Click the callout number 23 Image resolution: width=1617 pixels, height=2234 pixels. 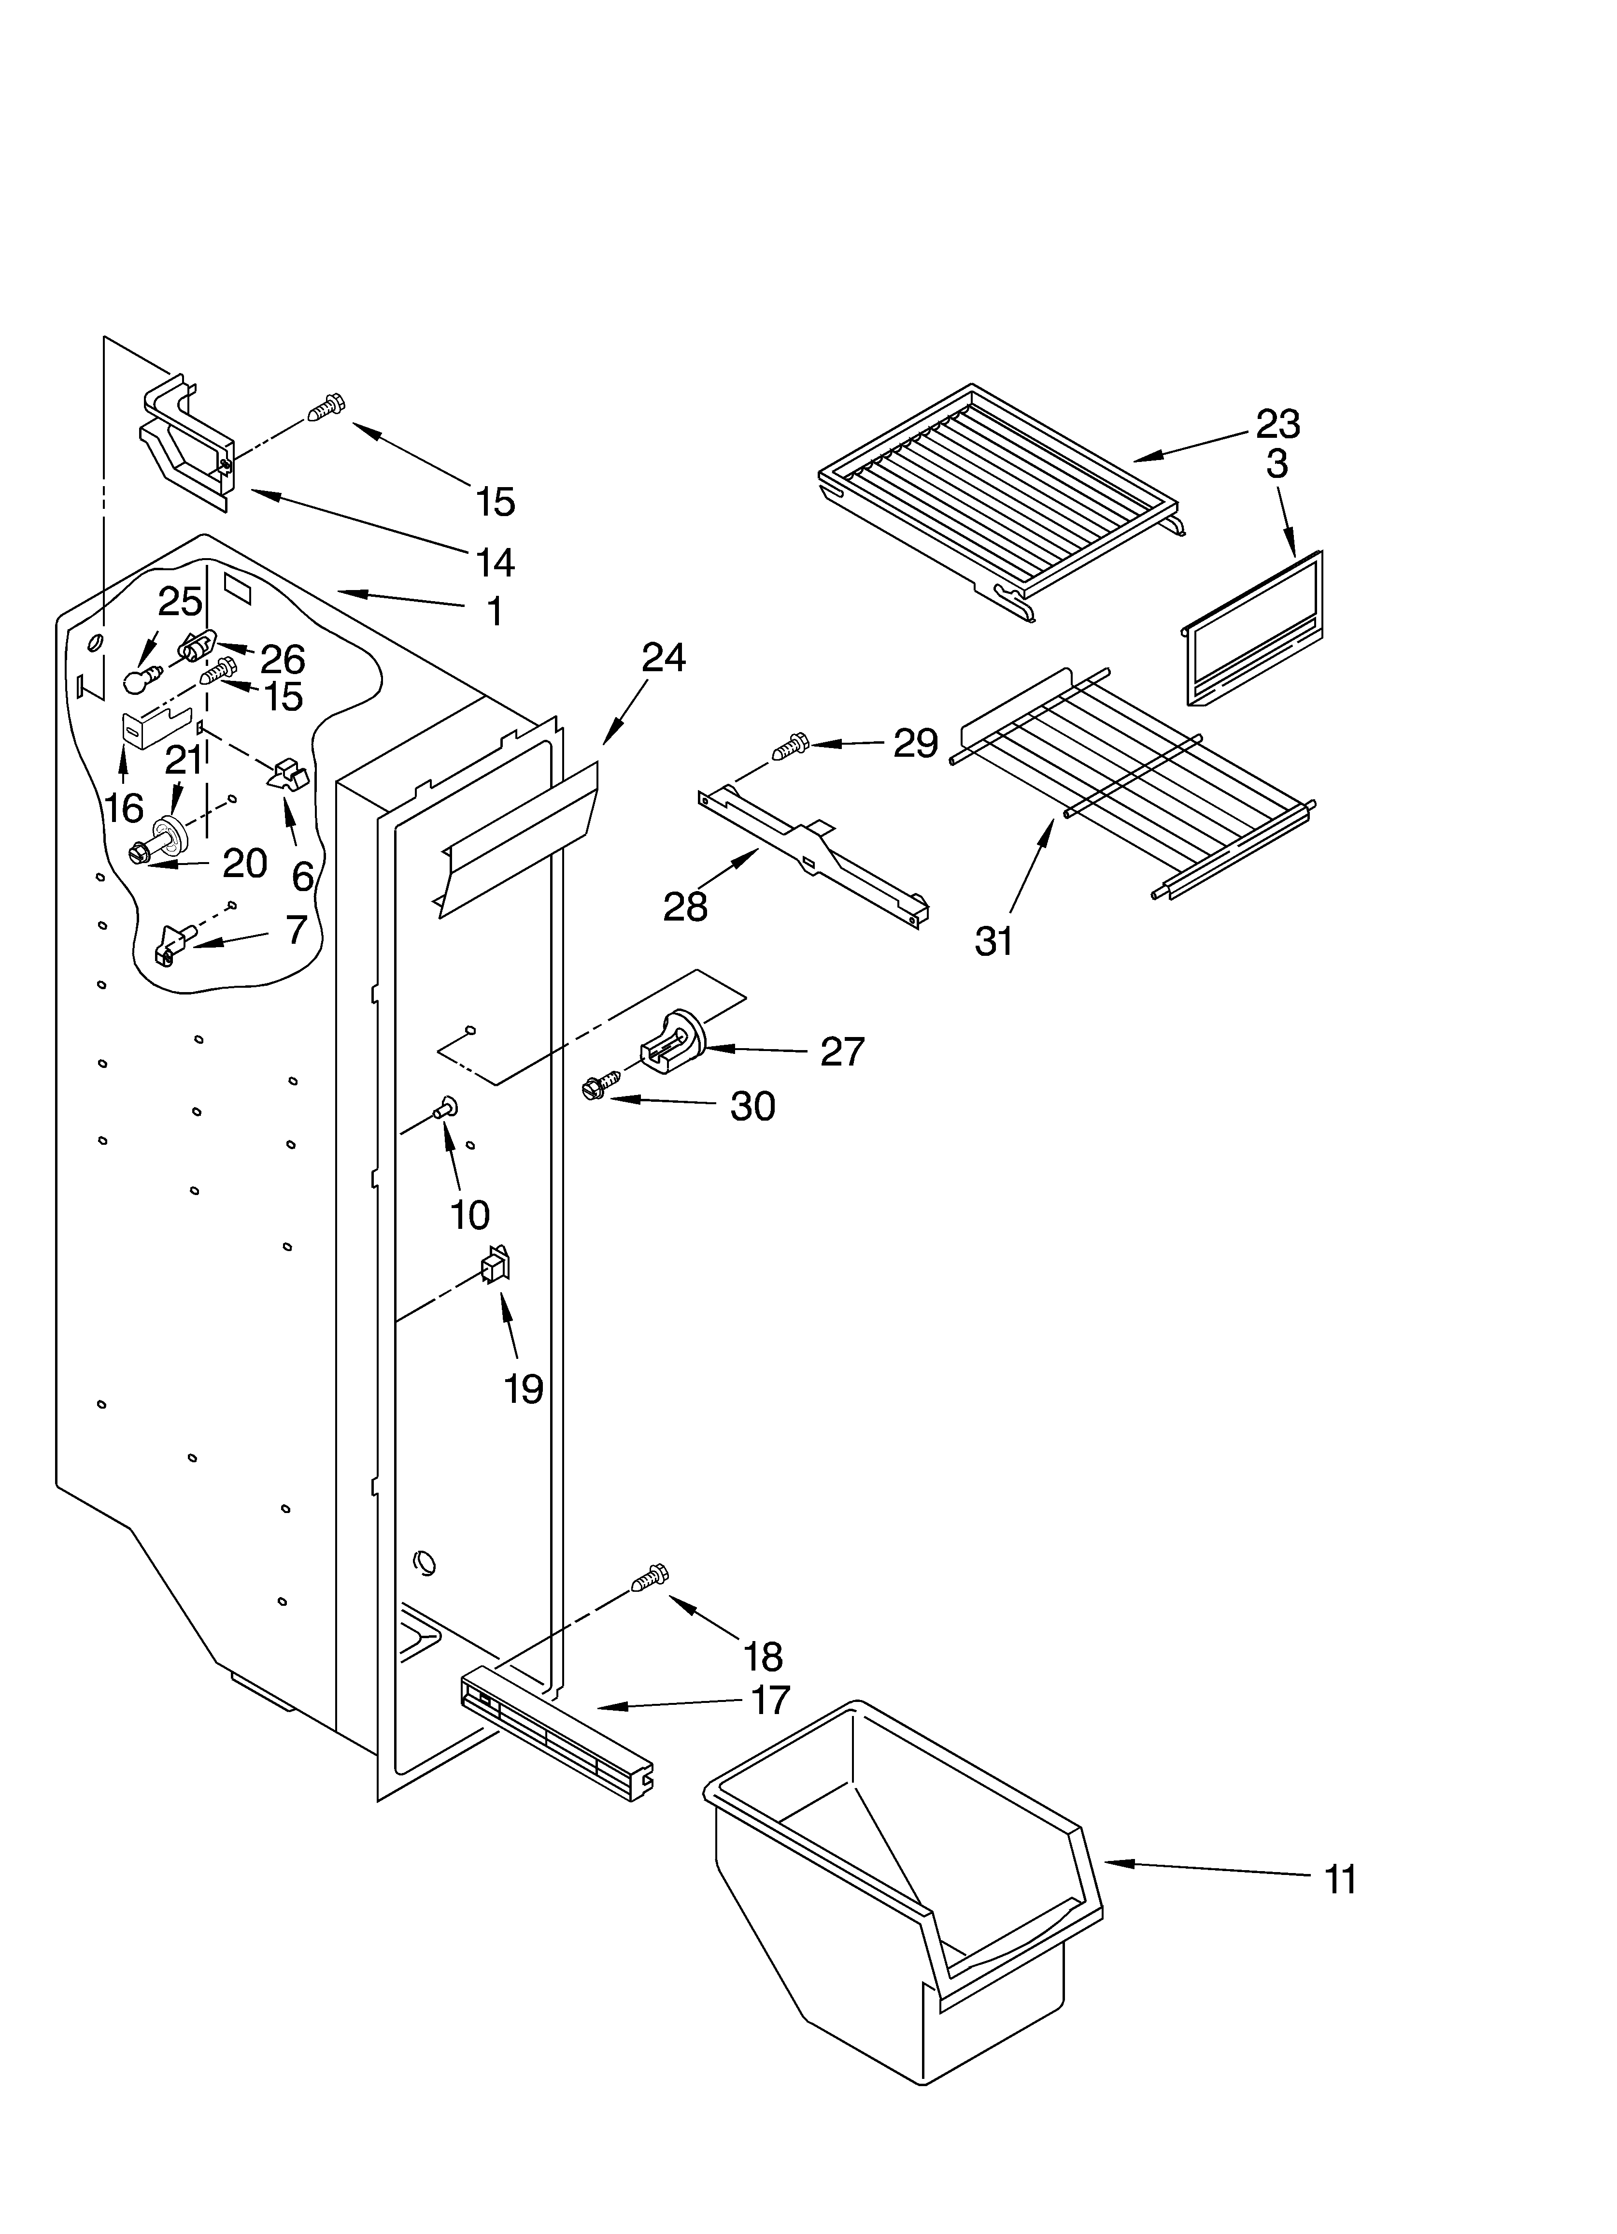coord(1277,425)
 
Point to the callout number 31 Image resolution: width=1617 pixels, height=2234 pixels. coord(993,942)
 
